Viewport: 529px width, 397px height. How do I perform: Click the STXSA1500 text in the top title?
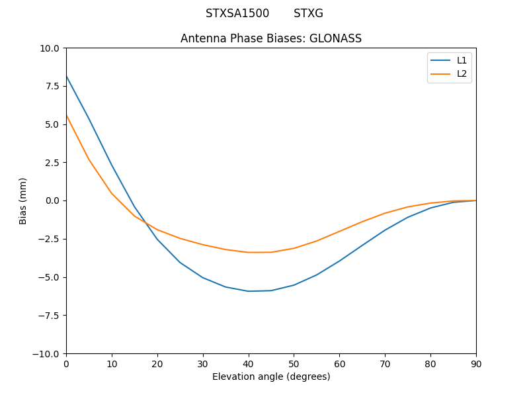point(237,13)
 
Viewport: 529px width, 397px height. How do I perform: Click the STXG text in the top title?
point(308,13)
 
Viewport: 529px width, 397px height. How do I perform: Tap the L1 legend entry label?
point(462,60)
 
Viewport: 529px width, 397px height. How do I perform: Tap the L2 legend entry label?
point(462,73)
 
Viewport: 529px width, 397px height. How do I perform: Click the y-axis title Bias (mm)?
point(23,200)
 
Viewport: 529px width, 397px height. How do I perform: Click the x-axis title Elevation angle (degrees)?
point(271,376)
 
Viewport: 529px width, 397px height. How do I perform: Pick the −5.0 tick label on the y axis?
point(50,277)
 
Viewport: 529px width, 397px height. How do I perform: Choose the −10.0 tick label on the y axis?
point(48,353)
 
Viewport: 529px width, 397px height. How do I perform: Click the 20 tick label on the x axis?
point(157,363)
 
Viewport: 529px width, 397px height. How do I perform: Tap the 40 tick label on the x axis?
point(249,363)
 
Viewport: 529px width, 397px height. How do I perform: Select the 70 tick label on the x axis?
point(385,363)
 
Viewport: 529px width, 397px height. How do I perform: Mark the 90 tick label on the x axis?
point(476,363)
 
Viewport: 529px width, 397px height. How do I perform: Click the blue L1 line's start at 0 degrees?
point(66,76)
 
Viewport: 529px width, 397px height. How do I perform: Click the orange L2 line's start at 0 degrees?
point(66,115)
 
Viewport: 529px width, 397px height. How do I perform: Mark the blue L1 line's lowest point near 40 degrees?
point(249,291)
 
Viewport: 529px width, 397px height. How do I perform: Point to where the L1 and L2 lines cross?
point(145,223)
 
